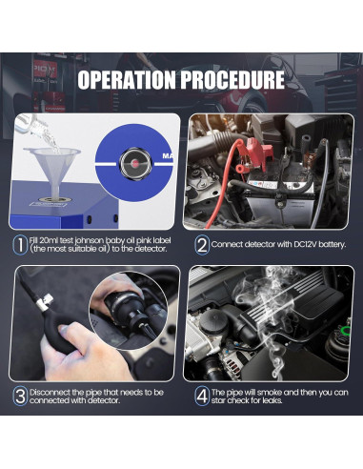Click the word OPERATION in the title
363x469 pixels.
(x=127, y=79)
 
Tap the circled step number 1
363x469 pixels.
(x=20, y=245)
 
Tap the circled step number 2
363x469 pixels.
(x=202, y=245)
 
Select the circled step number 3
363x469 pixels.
(x=20, y=397)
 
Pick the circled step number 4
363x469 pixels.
(x=202, y=396)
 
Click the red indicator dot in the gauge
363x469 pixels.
(x=134, y=164)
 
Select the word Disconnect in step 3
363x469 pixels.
(x=50, y=393)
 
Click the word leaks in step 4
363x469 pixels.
(x=272, y=400)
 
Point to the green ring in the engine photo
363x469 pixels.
(x=345, y=331)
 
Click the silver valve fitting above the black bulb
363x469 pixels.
(x=44, y=303)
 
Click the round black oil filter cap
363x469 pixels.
(x=213, y=320)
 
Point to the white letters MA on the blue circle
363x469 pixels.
(x=168, y=156)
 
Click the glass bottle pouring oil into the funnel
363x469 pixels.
(x=31, y=126)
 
